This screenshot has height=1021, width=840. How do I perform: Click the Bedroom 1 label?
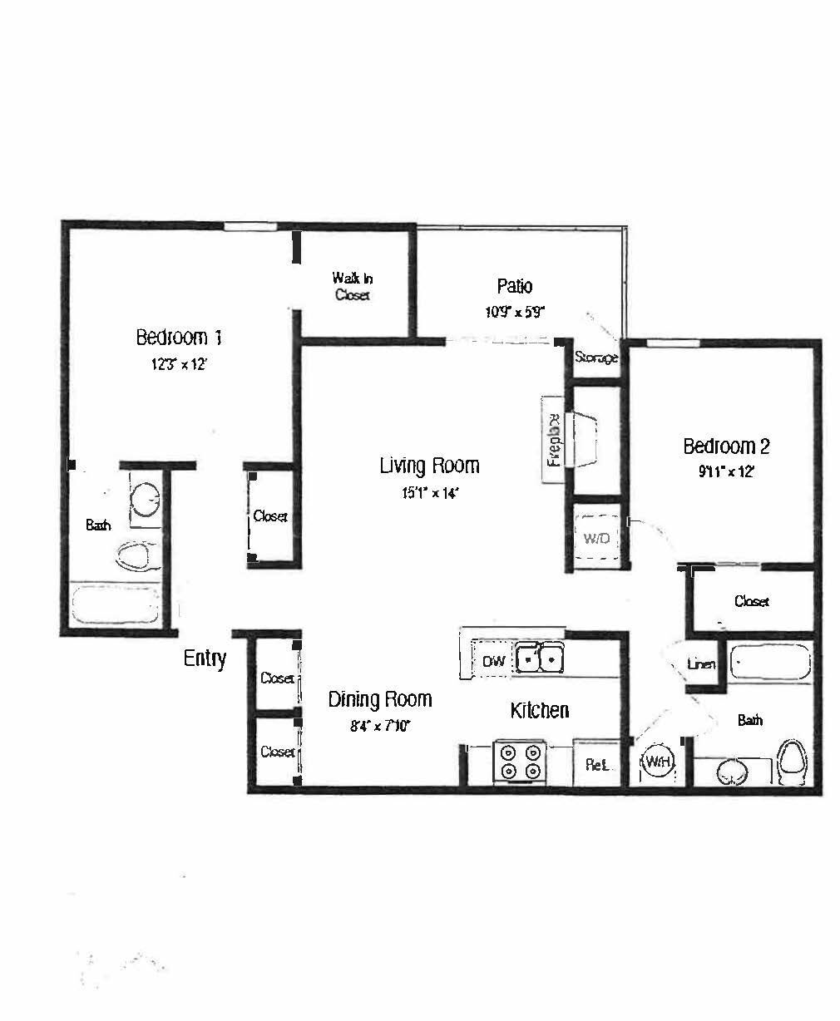click(x=178, y=338)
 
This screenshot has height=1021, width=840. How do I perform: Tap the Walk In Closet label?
click(x=352, y=286)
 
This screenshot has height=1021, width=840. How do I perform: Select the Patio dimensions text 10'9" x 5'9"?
click(x=514, y=313)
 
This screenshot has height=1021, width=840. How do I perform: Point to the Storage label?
click(x=596, y=358)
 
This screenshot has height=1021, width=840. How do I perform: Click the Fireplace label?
click(x=552, y=439)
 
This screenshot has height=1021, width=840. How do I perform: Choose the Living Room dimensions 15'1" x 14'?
click(x=429, y=493)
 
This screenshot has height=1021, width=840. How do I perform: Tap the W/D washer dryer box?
click(x=596, y=538)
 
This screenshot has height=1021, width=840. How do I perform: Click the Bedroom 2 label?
click(x=726, y=446)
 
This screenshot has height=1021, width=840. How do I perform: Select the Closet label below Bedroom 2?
click(x=751, y=601)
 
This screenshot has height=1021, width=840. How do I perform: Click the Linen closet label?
click(x=701, y=664)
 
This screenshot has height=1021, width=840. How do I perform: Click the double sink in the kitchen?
click(x=539, y=658)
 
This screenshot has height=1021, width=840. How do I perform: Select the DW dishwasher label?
click(x=493, y=662)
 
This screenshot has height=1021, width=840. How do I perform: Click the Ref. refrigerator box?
click(x=596, y=763)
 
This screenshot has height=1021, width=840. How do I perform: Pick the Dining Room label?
click(x=379, y=700)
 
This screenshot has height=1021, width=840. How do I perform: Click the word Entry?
click(x=205, y=658)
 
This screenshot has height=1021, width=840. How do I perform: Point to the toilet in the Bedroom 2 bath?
click(x=791, y=761)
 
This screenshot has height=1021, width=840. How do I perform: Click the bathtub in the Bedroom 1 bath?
click(x=115, y=604)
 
